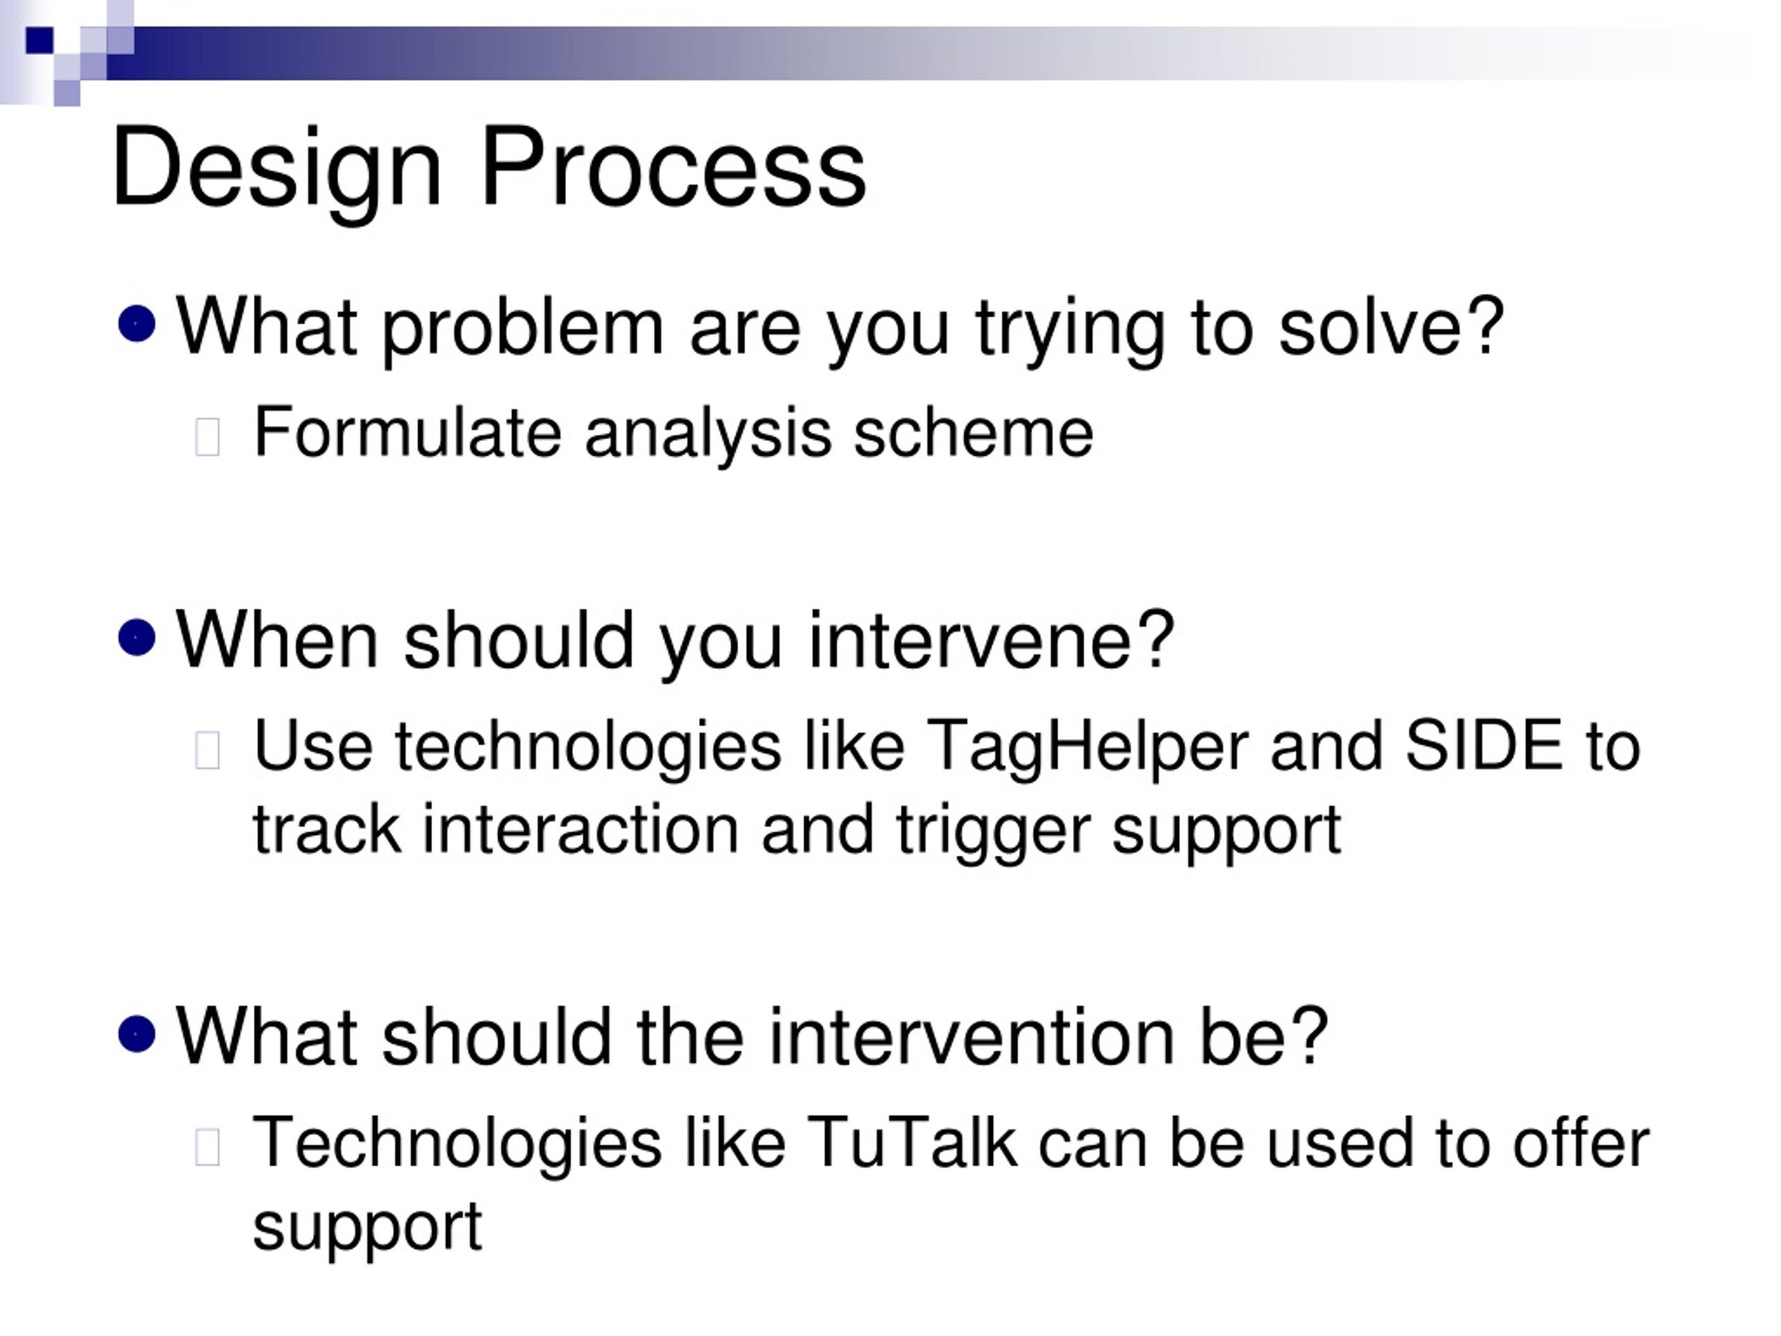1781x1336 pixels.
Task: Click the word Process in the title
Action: (x=673, y=168)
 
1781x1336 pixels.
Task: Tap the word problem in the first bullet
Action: (x=522, y=331)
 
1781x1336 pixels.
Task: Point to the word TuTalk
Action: (x=911, y=1143)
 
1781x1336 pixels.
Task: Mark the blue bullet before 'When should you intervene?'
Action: (x=137, y=638)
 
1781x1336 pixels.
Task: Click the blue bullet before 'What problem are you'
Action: (x=137, y=324)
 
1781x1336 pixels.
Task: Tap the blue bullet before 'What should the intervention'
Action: (x=137, y=1034)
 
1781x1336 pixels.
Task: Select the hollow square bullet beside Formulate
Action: (x=208, y=437)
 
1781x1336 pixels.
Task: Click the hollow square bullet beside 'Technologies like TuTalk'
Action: (x=208, y=1147)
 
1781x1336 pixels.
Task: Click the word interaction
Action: (x=580, y=829)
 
